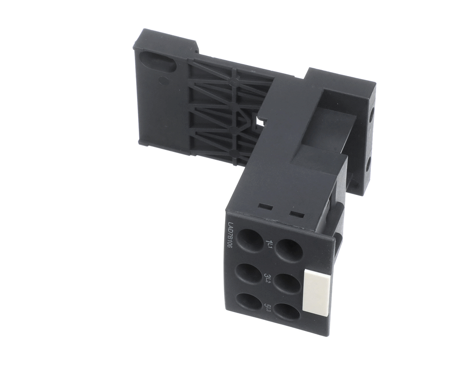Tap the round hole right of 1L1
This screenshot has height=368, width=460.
coord(289,250)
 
